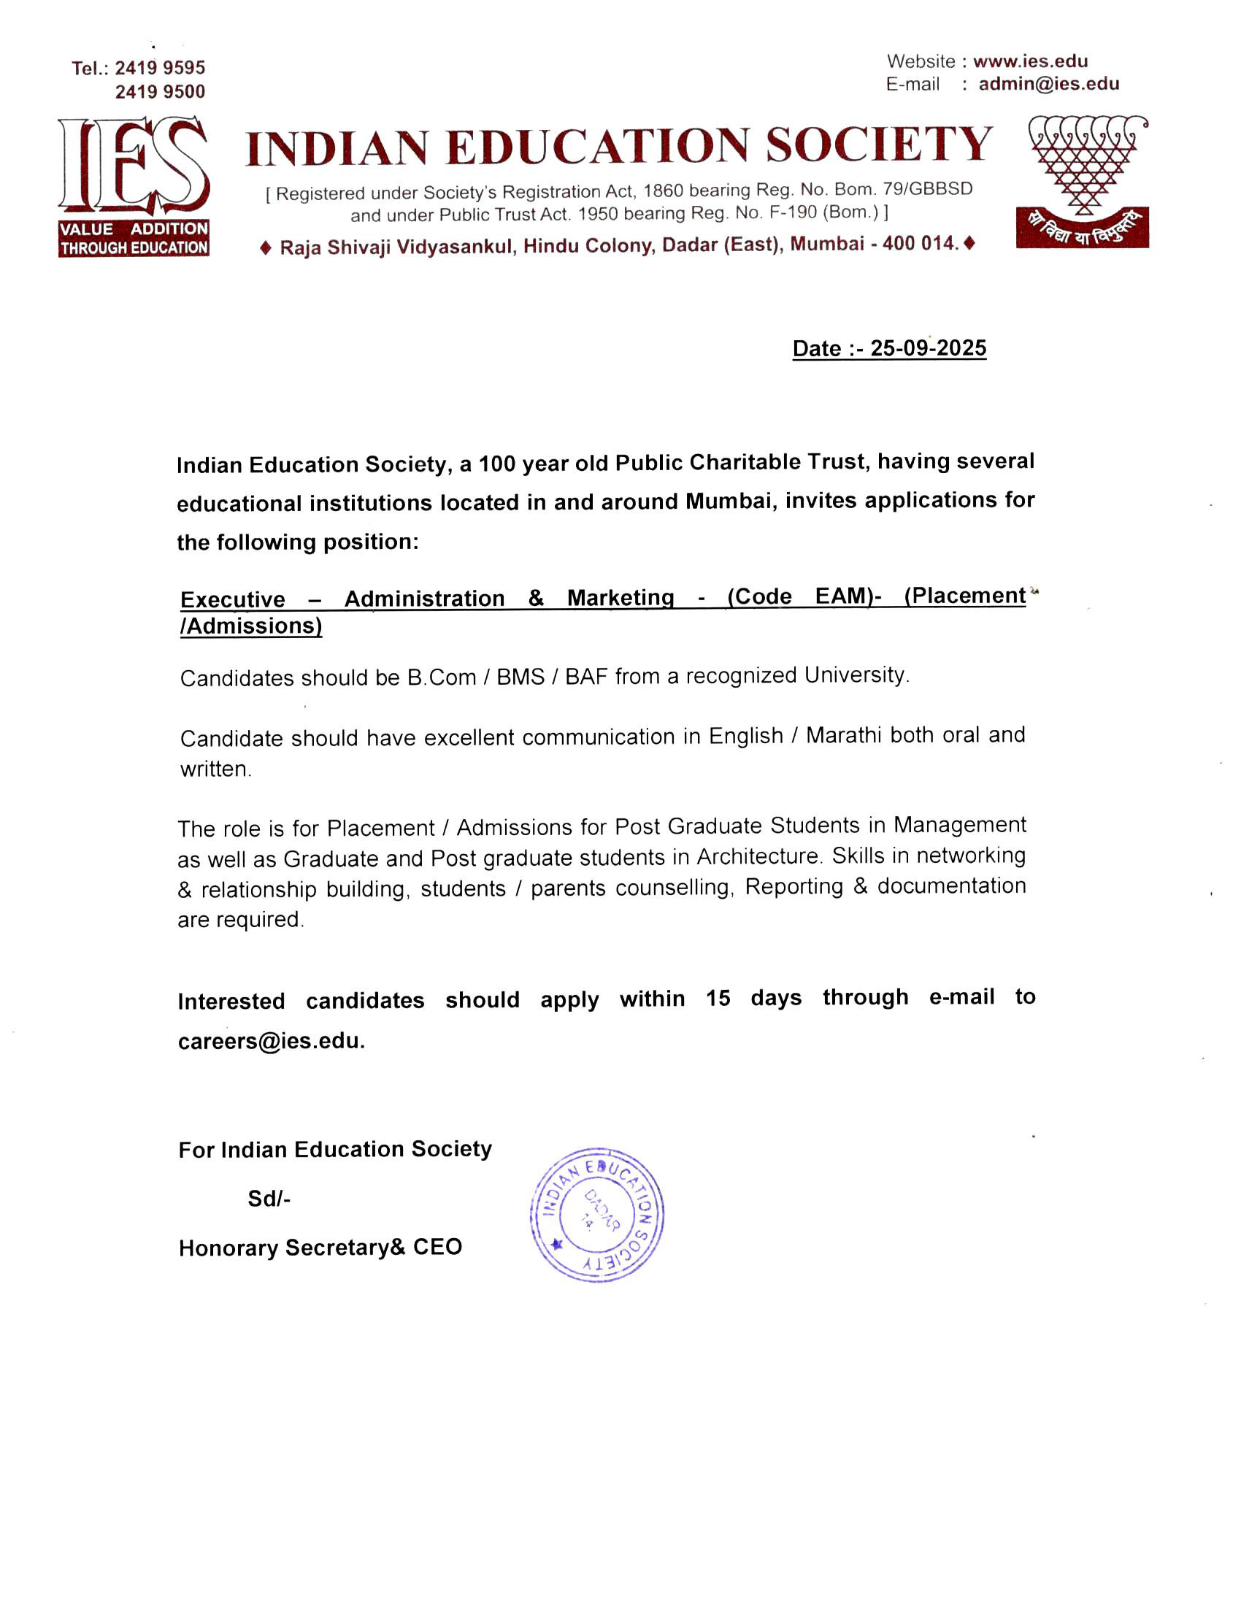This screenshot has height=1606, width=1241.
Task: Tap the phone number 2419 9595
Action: tap(160, 68)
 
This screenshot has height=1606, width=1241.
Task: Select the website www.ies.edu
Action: tap(1030, 61)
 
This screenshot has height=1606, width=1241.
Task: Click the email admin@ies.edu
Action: tap(1048, 84)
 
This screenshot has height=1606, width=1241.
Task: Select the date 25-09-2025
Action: tap(928, 347)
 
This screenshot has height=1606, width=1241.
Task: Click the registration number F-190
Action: tap(793, 212)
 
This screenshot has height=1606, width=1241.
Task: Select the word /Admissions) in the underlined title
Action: tap(251, 626)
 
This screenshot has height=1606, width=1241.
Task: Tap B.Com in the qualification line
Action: tap(442, 677)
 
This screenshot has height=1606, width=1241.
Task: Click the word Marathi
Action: tap(843, 735)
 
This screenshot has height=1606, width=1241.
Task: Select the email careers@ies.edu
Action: tap(271, 1041)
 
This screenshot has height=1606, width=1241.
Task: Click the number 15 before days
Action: tap(718, 999)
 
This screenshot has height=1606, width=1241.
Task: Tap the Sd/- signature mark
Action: tap(269, 1199)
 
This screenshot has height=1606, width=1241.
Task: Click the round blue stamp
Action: tap(597, 1215)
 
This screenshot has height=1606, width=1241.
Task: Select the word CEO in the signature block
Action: tap(437, 1247)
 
